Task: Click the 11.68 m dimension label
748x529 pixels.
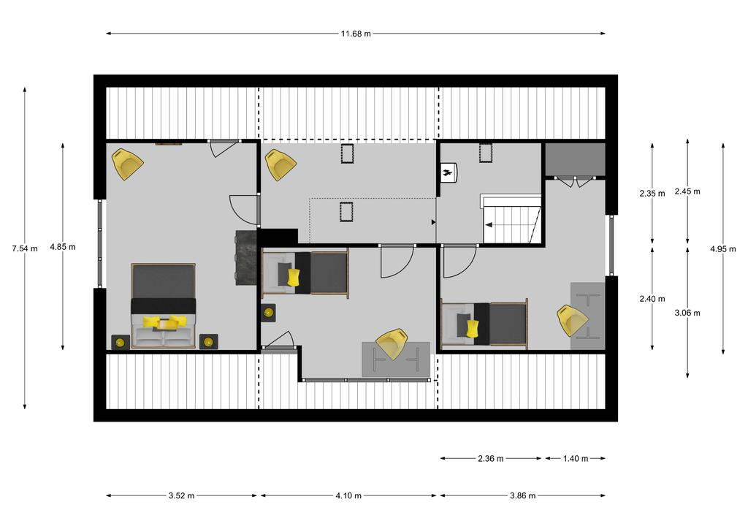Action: [x=356, y=34]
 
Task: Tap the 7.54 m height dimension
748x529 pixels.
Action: [x=25, y=248]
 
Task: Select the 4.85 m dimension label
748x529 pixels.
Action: [x=63, y=247]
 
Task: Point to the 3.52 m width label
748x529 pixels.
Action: [x=181, y=495]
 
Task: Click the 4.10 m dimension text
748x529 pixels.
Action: [x=348, y=495]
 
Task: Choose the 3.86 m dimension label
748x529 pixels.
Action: [x=522, y=495]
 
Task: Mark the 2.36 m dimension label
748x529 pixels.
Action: [x=490, y=459]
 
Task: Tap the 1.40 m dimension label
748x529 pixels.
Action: [x=576, y=459]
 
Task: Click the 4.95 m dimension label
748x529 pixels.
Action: [x=722, y=248]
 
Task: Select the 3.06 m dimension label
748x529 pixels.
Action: [x=687, y=313]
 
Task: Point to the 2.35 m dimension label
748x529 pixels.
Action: [x=652, y=194]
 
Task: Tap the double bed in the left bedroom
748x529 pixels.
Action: [x=164, y=305]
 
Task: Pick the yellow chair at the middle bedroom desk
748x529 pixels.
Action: [x=392, y=343]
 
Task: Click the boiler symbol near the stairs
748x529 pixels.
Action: [x=449, y=172]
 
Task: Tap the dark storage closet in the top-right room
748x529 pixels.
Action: [x=576, y=159]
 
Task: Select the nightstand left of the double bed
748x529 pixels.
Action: [x=121, y=342]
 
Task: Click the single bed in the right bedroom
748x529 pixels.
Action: [x=485, y=324]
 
